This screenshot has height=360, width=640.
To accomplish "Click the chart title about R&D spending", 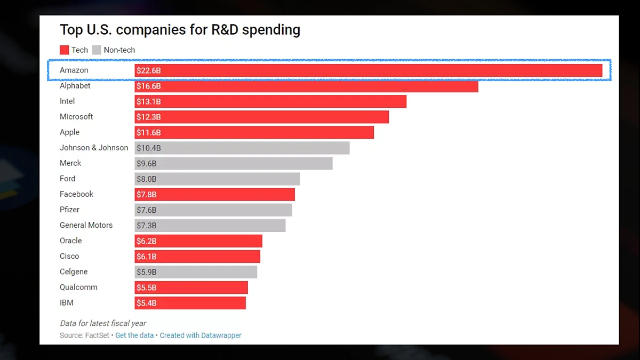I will click(x=180, y=30).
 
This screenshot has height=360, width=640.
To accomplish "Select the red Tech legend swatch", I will click(x=65, y=50).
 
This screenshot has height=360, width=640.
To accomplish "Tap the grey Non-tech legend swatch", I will click(x=97, y=50).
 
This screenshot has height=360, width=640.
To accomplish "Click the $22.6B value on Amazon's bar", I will click(x=148, y=70).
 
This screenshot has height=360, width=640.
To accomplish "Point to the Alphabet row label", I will click(x=75, y=86).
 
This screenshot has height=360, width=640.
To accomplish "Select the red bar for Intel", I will click(x=270, y=101).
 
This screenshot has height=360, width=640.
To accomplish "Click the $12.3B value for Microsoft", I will click(x=148, y=117).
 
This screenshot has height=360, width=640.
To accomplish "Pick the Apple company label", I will click(x=69, y=132).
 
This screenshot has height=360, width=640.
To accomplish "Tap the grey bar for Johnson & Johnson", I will click(x=242, y=148).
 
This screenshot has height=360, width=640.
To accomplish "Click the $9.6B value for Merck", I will click(x=147, y=163).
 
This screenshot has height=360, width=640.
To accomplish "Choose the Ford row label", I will click(x=67, y=179).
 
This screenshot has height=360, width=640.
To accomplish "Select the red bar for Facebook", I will click(x=214, y=194).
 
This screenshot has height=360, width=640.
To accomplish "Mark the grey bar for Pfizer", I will click(x=213, y=210).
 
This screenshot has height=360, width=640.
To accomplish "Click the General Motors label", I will click(x=86, y=225).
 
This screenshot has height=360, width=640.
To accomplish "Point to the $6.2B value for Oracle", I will click(x=147, y=241).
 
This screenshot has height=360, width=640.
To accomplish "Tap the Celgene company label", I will click(x=74, y=272).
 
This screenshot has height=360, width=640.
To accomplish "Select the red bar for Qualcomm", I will click(x=191, y=287).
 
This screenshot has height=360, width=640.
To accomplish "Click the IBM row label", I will click(x=67, y=303).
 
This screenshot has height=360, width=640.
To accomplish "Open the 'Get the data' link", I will click(x=134, y=335).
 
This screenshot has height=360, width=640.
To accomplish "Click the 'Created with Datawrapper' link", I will click(x=201, y=335).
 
